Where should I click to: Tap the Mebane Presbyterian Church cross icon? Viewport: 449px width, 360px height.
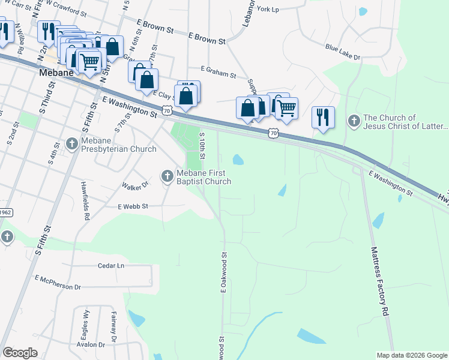pyautogui.click(x=72, y=144)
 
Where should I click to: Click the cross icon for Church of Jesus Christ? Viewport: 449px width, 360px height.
pyautogui.click(x=354, y=122)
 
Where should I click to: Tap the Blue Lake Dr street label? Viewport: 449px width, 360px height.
pyautogui.click(x=342, y=52)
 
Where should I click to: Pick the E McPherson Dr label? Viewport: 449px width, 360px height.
pyautogui.click(x=58, y=282)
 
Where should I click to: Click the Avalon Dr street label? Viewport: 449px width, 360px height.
pyautogui.click(x=91, y=344)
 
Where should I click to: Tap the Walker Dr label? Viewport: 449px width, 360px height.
pyautogui.click(x=135, y=187)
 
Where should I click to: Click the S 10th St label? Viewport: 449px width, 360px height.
pyautogui.click(x=203, y=148)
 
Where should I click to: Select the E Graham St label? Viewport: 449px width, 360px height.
pyautogui.click(x=218, y=71)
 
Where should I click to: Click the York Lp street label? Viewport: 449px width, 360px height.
pyautogui.click(x=268, y=10)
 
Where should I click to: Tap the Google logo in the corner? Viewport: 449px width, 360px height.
pyautogui.click(x=20, y=353)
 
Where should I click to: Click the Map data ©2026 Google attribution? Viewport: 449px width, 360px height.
pyautogui.click(x=411, y=355)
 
